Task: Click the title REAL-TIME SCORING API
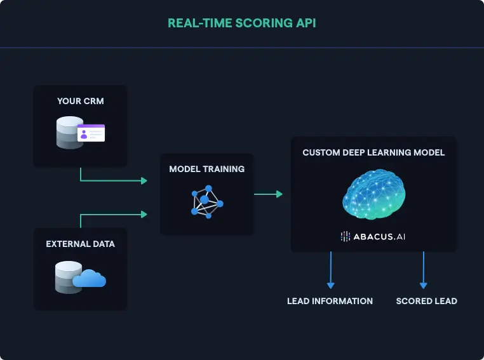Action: point(241,23)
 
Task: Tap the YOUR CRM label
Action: point(80,101)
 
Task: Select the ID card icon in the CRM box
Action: point(91,133)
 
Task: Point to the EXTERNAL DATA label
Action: point(80,244)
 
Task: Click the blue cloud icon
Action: point(90,279)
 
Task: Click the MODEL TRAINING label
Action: point(206,170)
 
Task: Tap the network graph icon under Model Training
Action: point(207,201)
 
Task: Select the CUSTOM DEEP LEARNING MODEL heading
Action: point(373,153)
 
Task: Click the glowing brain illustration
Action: point(373,194)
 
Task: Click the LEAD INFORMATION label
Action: point(330,301)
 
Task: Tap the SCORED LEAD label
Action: point(426,301)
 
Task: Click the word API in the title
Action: point(306,23)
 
